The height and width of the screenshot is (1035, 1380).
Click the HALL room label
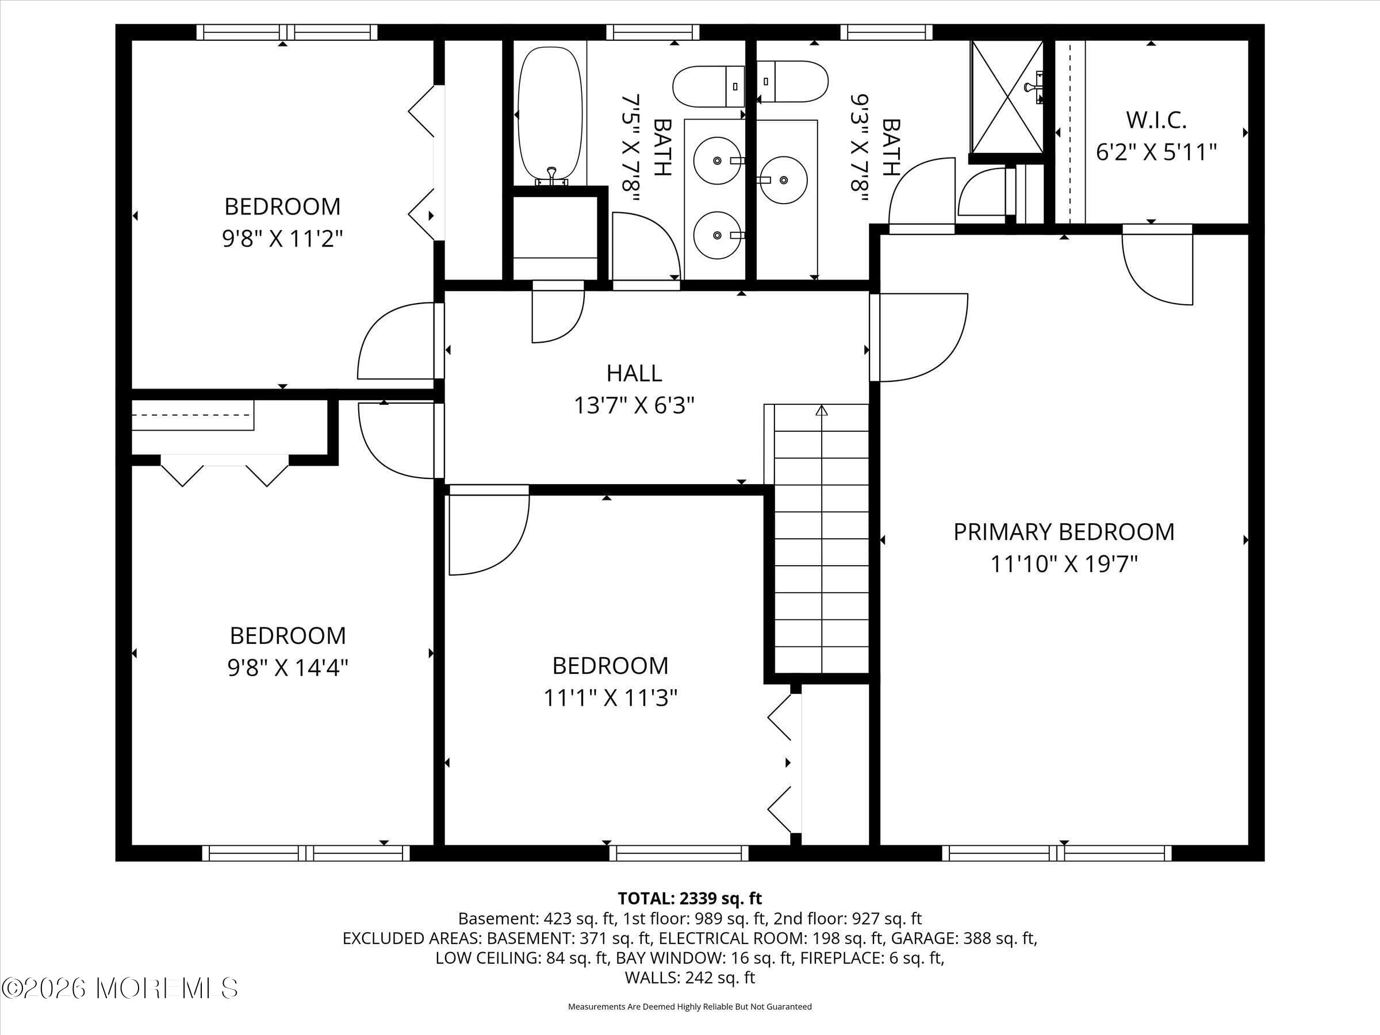point(634,373)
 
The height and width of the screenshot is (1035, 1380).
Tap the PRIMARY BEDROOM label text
point(1064,531)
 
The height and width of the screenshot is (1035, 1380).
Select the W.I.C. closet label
point(1156,120)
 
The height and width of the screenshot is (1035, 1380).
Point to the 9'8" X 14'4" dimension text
point(287,668)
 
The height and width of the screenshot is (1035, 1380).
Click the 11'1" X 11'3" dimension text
point(610,697)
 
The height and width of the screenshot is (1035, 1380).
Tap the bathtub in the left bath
point(550,116)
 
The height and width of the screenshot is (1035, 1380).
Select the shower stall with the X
point(1006,97)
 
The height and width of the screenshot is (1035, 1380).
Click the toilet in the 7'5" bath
point(708,87)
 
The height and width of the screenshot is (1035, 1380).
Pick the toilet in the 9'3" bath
point(792,82)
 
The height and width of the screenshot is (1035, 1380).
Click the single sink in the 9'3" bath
point(783,179)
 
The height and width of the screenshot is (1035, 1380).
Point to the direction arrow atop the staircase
point(822,411)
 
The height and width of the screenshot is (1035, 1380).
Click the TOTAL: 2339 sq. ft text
point(689,898)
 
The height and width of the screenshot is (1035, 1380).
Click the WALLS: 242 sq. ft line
point(689,977)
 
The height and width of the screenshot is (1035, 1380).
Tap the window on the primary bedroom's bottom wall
point(1056,853)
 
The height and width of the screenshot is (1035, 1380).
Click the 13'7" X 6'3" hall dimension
point(634,405)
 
